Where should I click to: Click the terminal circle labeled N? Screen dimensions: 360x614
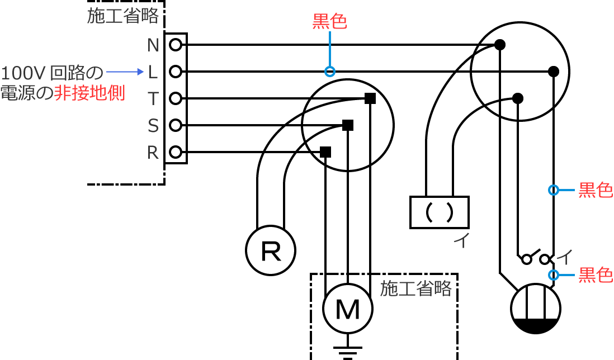(x=176, y=45)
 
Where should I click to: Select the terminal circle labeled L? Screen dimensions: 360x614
(x=176, y=72)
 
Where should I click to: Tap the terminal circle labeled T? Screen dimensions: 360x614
(x=176, y=98)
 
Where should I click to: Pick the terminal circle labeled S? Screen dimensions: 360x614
(x=176, y=125)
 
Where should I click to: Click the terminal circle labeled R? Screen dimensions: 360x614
(x=176, y=152)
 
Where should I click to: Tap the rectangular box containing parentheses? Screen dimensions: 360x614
(x=439, y=212)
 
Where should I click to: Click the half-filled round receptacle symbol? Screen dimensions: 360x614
(x=536, y=309)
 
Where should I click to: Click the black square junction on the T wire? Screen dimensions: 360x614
(x=370, y=98)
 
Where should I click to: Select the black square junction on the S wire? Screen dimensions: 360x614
(x=348, y=125)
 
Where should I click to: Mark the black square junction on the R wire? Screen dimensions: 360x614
(x=325, y=152)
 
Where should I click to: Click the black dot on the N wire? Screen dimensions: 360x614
(x=500, y=45)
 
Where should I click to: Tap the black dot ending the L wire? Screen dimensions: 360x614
(x=554, y=72)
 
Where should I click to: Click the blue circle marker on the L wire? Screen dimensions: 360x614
(x=330, y=72)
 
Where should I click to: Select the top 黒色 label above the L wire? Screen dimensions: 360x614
(x=330, y=21)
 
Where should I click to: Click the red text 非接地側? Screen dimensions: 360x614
(x=89, y=93)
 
